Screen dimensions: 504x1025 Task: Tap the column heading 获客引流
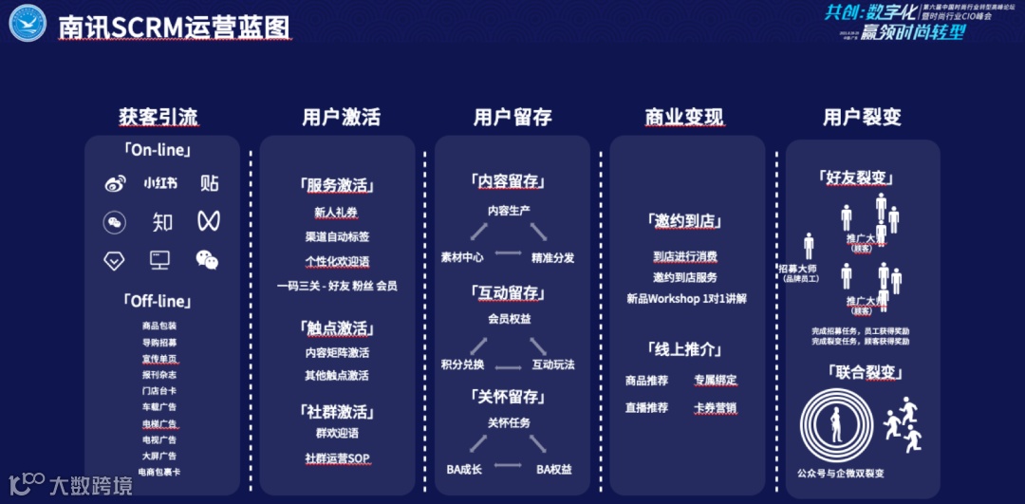pos(158,118)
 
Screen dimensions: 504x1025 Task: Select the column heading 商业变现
pos(683,118)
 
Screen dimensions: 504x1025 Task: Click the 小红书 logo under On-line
pos(160,183)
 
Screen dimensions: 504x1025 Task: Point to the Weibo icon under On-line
pos(115,184)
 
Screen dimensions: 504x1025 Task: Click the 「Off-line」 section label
pos(158,301)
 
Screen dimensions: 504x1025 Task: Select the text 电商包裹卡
pos(158,472)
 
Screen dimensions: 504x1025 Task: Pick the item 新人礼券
pos(336,213)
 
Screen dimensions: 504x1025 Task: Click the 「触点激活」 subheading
pos(336,328)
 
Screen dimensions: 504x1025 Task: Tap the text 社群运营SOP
pos(337,457)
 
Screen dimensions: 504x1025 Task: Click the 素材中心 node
pos(462,257)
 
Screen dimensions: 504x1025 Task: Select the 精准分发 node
pos(552,257)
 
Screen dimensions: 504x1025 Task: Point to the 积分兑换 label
pos(462,364)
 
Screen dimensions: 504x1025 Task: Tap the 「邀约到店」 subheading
pos(685,221)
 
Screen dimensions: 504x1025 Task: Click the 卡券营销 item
pos(715,408)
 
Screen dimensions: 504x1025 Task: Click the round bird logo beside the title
pos(28,24)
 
